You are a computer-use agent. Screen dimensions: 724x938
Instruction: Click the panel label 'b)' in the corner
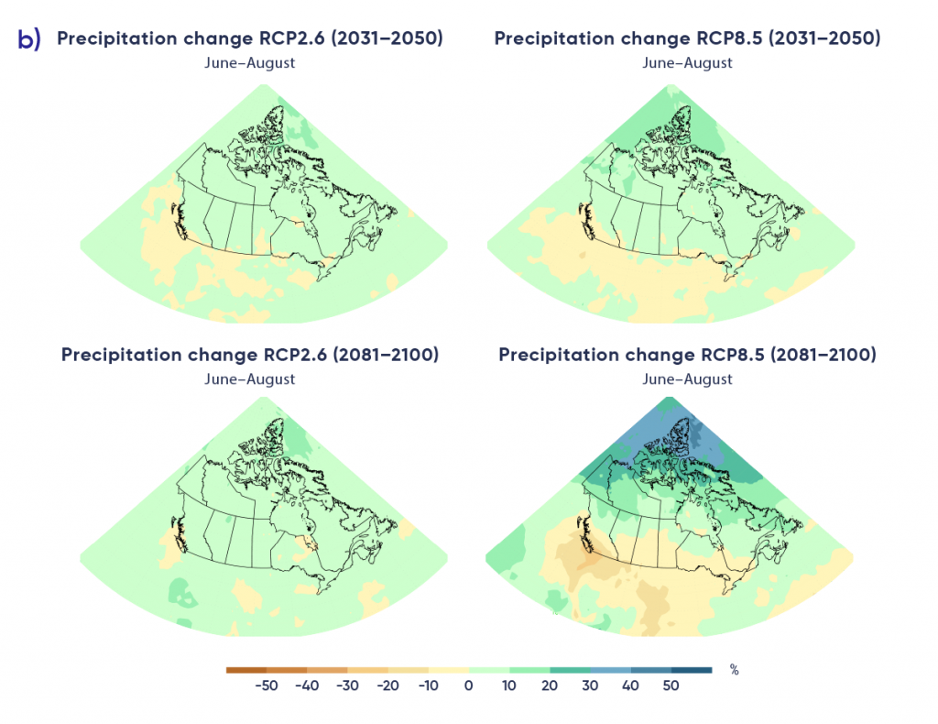(28, 39)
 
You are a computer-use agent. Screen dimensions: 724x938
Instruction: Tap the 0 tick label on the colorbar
(469, 686)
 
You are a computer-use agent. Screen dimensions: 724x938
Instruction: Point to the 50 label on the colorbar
(671, 686)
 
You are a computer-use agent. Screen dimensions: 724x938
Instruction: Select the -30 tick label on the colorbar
(347, 686)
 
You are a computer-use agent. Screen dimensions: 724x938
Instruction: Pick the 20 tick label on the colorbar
(550, 686)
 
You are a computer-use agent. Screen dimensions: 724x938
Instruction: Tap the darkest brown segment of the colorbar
(245, 670)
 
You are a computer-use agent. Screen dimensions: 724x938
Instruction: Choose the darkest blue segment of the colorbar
(692, 670)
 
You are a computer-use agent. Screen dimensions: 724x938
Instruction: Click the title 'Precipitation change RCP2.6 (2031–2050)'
(250, 38)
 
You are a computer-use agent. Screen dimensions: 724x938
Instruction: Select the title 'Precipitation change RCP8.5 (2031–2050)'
(687, 38)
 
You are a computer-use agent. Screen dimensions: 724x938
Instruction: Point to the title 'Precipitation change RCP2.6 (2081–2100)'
(250, 355)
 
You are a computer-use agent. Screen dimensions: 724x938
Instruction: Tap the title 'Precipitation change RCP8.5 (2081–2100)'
(687, 355)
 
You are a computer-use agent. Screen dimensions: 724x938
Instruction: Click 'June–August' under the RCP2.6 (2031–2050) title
(250, 63)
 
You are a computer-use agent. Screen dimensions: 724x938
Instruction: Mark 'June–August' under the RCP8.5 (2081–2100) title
(687, 378)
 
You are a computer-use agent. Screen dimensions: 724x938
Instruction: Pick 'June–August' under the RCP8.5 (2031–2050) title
(687, 63)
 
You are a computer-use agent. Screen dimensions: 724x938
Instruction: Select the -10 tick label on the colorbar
(428, 686)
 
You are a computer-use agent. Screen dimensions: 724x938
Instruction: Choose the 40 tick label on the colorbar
(631, 686)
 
